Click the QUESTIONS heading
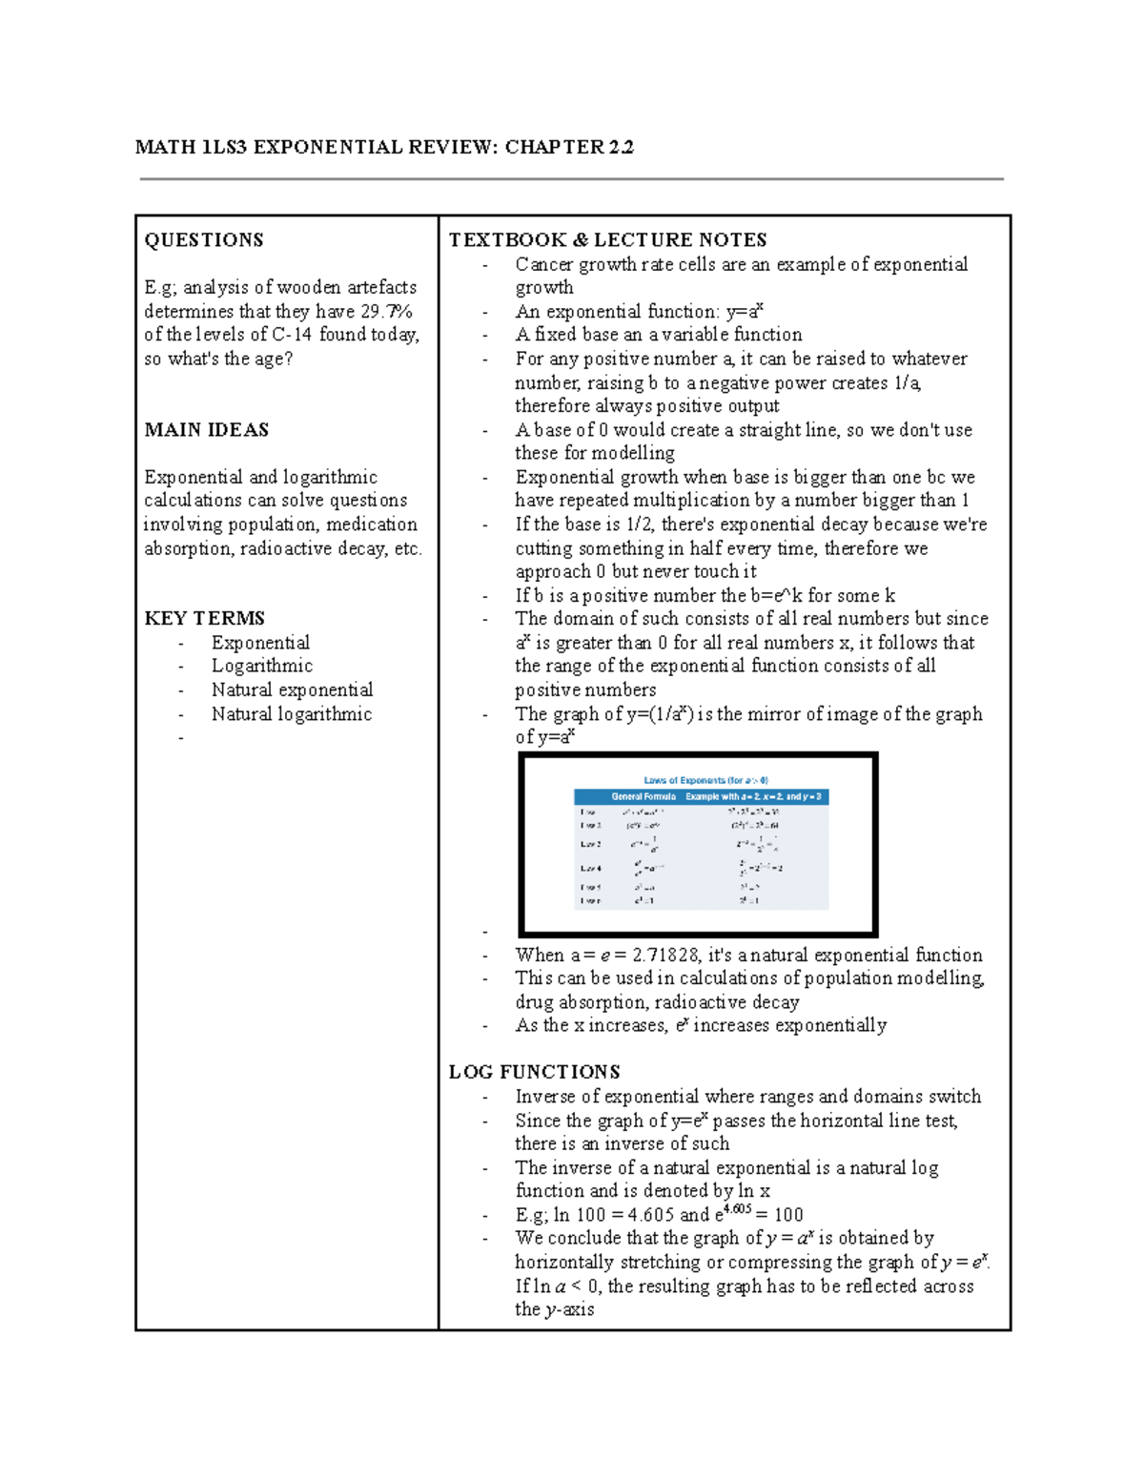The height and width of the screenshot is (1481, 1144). [204, 240]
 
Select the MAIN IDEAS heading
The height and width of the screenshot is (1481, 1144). [207, 430]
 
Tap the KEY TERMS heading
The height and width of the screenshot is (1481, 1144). [205, 618]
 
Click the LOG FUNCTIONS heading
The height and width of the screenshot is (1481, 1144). [535, 1072]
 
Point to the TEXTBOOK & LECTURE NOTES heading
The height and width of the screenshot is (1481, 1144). [608, 240]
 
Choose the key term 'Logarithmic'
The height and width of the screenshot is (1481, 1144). [262, 666]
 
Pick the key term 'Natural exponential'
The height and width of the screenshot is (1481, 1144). [292, 689]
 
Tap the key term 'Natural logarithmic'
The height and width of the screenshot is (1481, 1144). [292, 714]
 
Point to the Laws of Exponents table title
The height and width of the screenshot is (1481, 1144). [705, 780]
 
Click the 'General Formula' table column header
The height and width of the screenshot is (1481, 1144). [643, 796]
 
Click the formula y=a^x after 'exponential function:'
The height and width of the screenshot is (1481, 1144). [746, 311]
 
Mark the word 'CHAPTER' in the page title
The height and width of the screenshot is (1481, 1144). [555, 147]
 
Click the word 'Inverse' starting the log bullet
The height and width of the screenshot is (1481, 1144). [545, 1097]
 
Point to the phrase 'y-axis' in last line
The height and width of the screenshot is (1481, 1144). [569, 1310]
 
